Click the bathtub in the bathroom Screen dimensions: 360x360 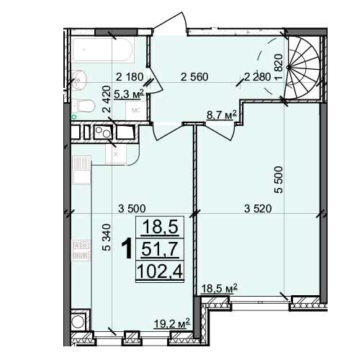click(x=102, y=49)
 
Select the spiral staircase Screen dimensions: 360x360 click(x=303, y=68)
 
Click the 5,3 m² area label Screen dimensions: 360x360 click(x=129, y=94)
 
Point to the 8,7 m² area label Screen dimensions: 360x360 click(x=222, y=115)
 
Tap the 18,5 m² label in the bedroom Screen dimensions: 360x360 click(x=220, y=289)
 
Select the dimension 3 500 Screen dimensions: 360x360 click(x=132, y=209)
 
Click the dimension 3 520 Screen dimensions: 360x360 click(x=258, y=208)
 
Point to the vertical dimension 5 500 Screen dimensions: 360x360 click(x=279, y=180)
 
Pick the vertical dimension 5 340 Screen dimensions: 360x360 click(x=107, y=238)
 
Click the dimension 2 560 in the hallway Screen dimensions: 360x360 click(x=194, y=77)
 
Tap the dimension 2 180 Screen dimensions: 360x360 click(x=130, y=77)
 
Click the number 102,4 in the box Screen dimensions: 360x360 click(x=160, y=271)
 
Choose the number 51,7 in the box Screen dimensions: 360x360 click(x=160, y=249)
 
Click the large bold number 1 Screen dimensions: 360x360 click(x=127, y=249)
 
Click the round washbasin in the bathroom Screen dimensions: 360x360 click(x=79, y=78)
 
